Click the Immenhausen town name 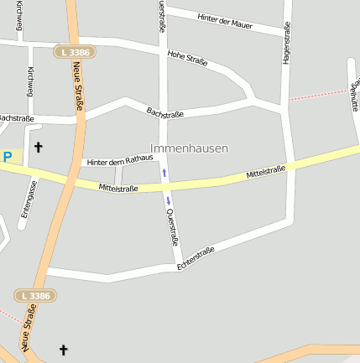click(x=189, y=148)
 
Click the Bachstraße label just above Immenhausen click(x=165, y=111)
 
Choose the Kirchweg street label click(x=31, y=82)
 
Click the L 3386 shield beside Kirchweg click(x=74, y=52)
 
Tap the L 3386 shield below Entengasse click(x=35, y=296)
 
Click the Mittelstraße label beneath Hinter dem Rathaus click(x=118, y=188)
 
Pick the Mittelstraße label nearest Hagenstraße click(x=265, y=173)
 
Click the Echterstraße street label click(x=196, y=258)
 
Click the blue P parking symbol click(x=8, y=157)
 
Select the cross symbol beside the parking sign click(x=38, y=148)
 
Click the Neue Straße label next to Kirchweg click(x=78, y=91)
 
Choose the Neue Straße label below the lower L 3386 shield click(x=29, y=327)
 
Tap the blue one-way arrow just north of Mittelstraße click(x=164, y=173)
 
